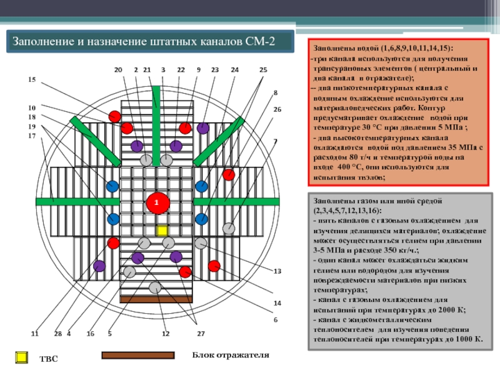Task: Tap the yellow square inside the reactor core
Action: pos(162,230)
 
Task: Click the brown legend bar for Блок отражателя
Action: pos(142,356)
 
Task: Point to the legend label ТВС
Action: pos(48,359)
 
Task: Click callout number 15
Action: pos(31,79)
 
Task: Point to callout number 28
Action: pos(57,334)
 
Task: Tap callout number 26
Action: pos(277,109)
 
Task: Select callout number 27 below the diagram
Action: pos(201,334)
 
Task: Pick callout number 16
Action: pos(90,334)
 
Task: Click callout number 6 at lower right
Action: pos(275,319)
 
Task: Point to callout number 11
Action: pos(35,334)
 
